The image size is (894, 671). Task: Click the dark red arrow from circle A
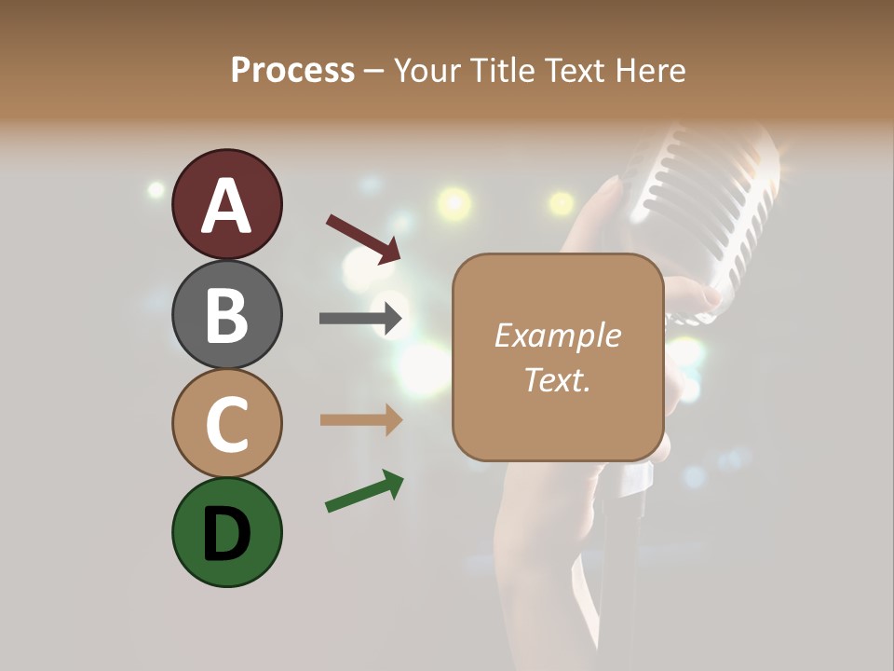coord(363,239)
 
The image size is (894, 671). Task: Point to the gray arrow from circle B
coord(360,319)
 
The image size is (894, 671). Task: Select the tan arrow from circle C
coord(360,420)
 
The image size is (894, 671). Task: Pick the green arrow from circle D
coord(364,492)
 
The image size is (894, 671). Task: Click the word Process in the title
coord(292,70)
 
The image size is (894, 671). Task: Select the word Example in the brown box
coord(557,335)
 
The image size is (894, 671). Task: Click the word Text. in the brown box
coord(557,380)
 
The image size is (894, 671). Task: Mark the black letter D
coord(226,534)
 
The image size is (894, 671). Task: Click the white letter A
coord(226,206)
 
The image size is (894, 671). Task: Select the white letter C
coord(226,424)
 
